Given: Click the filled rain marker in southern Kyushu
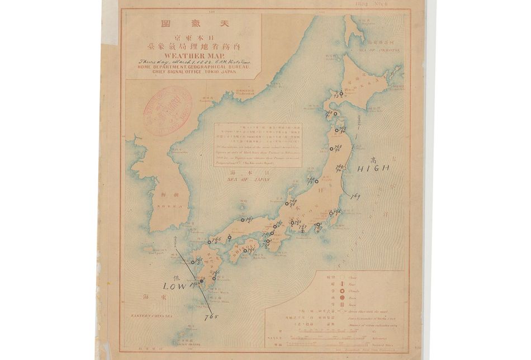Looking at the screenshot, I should (201, 281).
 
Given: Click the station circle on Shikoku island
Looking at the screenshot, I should (244, 250).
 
